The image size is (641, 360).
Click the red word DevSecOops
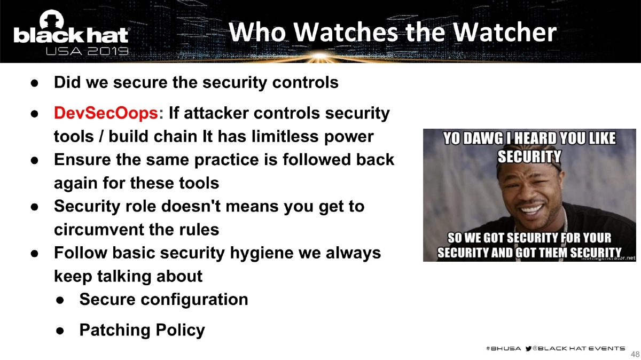(x=106, y=114)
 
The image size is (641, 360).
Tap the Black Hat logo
(x=71, y=35)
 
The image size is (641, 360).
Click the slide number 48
(x=635, y=354)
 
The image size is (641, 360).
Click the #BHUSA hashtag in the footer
(x=503, y=348)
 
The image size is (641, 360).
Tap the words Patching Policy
(x=142, y=330)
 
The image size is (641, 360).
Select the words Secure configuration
(x=163, y=299)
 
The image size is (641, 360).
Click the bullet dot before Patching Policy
(x=60, y=330)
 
